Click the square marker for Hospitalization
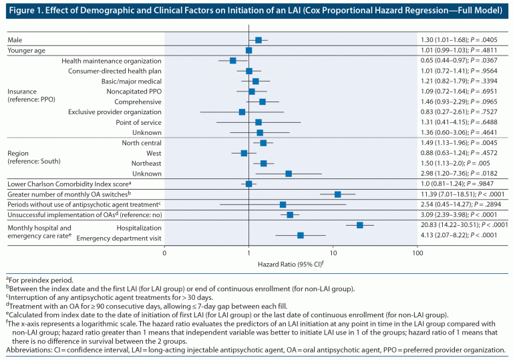360,225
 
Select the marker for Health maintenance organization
233,61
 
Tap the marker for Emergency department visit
301,235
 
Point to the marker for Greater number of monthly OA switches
338,194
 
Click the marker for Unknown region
289,174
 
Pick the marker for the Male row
259,40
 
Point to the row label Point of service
139,122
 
